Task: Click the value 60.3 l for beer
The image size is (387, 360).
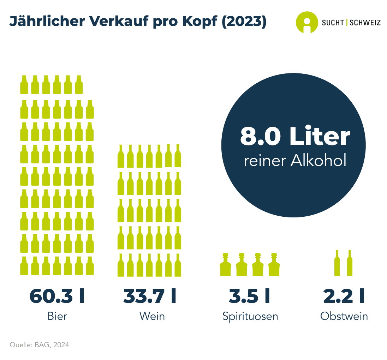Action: [57, 296]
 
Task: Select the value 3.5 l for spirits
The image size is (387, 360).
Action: [249, 296]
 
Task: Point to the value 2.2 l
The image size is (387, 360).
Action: [344, 296]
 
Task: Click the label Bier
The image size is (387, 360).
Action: [57, 316]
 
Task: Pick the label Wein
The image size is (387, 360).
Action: [152, 316]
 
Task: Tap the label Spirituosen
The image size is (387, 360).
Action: [250, 316]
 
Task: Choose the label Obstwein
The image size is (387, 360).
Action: [344, 316]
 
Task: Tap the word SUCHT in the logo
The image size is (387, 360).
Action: [333, 23]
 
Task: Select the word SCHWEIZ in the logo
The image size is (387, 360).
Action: [365, 23]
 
